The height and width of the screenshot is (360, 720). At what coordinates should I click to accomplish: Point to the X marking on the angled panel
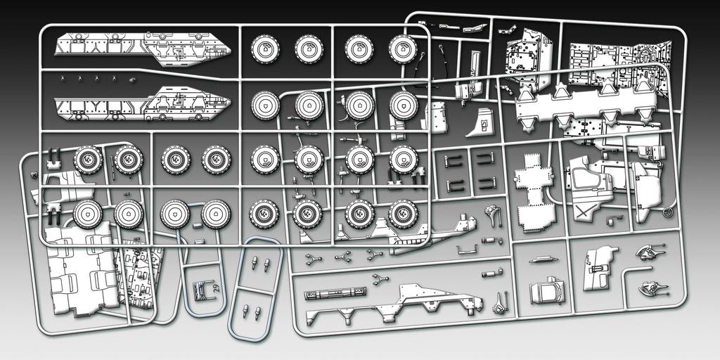click(581, 211)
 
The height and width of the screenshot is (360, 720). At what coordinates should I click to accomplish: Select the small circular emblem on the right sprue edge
click(669, 212)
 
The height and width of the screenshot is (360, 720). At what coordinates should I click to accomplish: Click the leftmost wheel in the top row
click(266, 49)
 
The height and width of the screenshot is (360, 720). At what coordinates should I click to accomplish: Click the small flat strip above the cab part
click(546, 259)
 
